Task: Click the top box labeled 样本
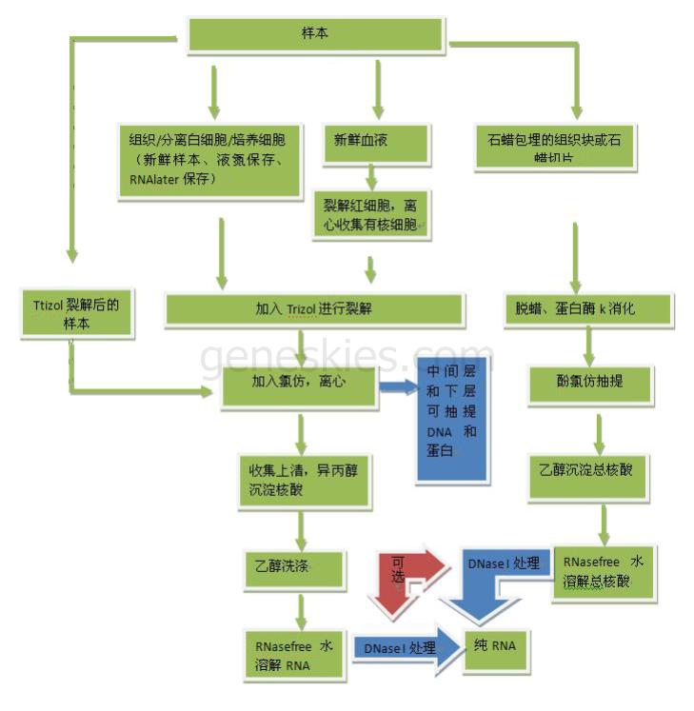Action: coord(316,35)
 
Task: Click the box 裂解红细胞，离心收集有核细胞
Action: coord(370,215)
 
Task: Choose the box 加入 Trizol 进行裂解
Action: coord(315,309)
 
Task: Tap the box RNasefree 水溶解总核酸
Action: coord(603,572)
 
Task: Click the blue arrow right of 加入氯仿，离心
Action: coord(400,386)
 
